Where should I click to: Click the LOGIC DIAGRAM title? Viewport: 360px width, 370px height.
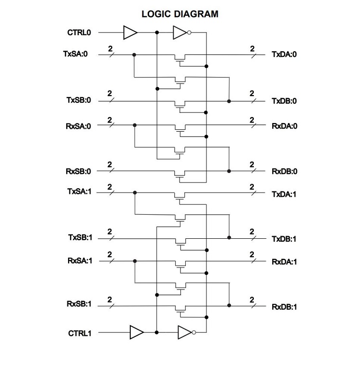tap(180, 14)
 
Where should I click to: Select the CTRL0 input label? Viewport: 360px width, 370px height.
tap(79, 33)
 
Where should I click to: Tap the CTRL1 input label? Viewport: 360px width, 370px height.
tap(79, 333)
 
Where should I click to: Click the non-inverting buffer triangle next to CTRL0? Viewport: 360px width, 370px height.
tap(130, 33)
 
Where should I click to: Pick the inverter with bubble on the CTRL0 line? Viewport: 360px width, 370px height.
tap(180, 33)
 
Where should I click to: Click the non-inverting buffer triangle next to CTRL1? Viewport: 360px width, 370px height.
tap(136, 332)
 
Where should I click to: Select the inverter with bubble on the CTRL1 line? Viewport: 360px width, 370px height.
tap(186, 332)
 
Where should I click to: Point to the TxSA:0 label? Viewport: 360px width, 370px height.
tap(75, 55)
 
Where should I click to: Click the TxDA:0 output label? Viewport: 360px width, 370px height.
tap(284, 55)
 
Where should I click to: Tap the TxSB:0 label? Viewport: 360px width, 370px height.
tap(79, 101)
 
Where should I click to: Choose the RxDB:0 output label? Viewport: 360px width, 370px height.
tap(284, 171)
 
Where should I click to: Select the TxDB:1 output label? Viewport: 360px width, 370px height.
tap(284, 239)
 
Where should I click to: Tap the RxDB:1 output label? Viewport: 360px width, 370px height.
tap(284, 307)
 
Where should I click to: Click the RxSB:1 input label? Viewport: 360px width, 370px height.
tap(79, 305)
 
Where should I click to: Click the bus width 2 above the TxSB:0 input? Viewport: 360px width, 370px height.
tap(110, 93)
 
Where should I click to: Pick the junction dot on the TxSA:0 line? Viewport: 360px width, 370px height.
tap(134, 55)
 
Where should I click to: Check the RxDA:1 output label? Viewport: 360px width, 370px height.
tap(284, 262)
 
